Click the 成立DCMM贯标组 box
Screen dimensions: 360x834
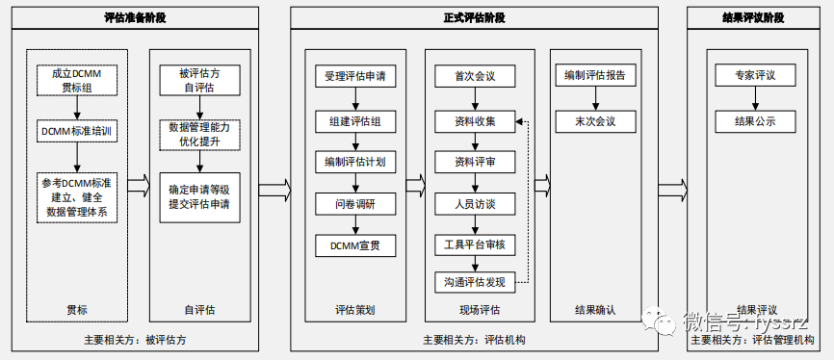[76, 80]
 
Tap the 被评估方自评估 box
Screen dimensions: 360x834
[199, 80]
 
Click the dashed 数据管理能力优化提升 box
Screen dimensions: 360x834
[199, 134]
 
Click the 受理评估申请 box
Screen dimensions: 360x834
[355, 76]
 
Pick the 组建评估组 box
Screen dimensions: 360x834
[355, 121]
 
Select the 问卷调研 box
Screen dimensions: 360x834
[355, 204]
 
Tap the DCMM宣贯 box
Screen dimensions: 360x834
[355, 245]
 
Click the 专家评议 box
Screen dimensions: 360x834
[754, 76]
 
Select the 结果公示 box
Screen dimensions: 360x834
[754, 121]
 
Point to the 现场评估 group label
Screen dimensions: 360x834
[478, 310]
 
